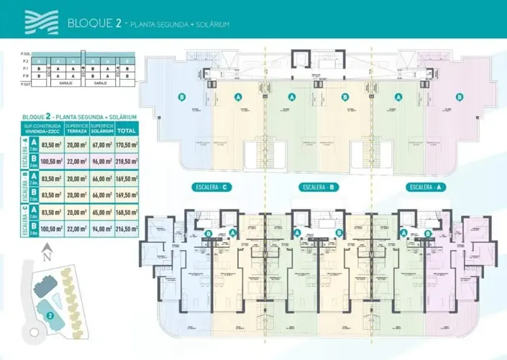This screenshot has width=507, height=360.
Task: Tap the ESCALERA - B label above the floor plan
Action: pyautogui.click(x=319, y=188)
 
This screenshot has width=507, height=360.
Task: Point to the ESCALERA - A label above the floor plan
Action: pyautogui.click(x=426, y=188)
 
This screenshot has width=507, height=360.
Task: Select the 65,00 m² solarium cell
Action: pyautogui.click(x=101, y=212)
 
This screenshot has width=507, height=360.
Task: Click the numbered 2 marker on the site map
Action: pyautogui.click(x=50, y=314)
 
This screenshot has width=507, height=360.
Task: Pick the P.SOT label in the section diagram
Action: pyautogui.click(x=27, y=84)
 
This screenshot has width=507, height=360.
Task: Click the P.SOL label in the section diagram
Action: pyautogui.click(x=27, y=54)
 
